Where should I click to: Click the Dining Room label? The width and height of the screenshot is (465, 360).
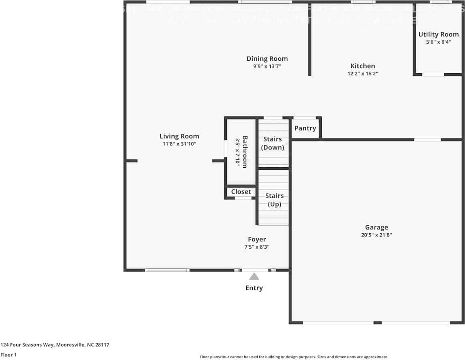tap(267, 59)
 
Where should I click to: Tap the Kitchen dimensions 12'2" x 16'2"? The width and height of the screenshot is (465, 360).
tap(363, 74)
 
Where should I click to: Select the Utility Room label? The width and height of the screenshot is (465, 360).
tap(438, 34)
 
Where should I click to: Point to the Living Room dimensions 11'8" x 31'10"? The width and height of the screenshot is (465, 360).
tap(179, 144)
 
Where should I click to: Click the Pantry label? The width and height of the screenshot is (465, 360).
tap(305, 128)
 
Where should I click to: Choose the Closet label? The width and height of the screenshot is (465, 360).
tap(241, 192)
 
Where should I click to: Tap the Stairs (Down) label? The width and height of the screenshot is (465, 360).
tap(273, 143)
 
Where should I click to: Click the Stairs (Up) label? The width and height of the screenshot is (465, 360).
tap(274, 200)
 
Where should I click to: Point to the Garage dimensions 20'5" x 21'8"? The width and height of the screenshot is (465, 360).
tap(376, 234)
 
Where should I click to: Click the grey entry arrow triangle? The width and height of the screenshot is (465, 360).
tap(254, 277)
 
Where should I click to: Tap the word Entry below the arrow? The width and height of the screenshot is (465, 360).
tap(254, 288)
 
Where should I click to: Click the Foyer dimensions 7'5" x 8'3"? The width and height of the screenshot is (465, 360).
tap(254, 247)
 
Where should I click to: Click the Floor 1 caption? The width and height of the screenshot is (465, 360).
tap(9, 355)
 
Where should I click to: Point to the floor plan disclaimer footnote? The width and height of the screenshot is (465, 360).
tap(294, 357)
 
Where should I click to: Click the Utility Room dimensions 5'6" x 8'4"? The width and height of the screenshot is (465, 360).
tap(438, 42)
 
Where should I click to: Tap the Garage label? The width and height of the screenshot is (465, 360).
tap(376, 227)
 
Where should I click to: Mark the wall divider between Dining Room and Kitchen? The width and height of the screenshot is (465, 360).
tap(310, 40)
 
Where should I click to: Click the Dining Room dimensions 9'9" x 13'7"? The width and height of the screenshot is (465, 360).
tap(267, 66)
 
